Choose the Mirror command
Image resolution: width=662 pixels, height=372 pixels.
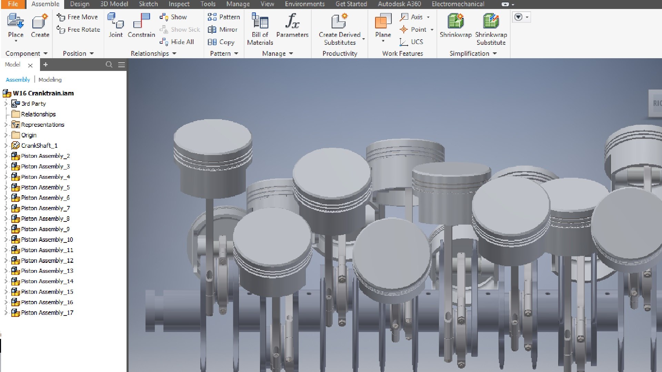[x=223, y=30]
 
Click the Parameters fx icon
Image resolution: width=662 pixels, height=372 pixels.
[x=292, y=21]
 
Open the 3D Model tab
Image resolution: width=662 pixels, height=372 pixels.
[x=114, y=4]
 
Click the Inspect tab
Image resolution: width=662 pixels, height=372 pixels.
[x=179, y=4]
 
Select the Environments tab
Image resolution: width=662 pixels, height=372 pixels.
[x=304, y=4]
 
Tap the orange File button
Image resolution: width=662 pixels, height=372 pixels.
[x=13, y=4]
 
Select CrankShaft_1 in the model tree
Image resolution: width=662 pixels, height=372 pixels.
[x=39, y=146]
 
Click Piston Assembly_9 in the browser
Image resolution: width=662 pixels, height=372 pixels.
[x=45, y=229]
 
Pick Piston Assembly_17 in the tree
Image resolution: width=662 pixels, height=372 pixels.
[x=47, y=313]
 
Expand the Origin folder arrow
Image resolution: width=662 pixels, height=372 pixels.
[x=6, y=135]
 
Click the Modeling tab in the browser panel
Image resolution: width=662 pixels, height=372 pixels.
[x=50, y=80]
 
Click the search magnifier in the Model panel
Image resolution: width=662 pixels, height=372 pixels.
[x=109, y=64]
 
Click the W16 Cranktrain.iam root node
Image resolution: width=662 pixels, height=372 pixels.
[x=43, y=93]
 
